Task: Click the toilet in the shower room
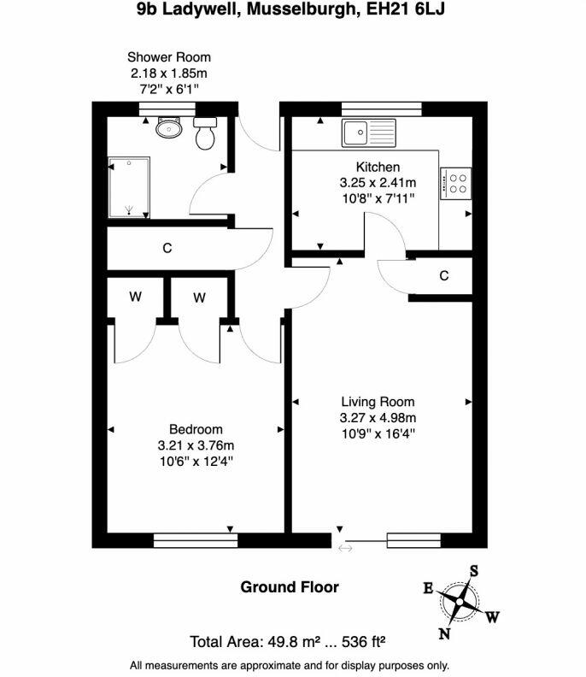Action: [205, 133]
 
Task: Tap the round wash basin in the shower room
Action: [169, 127]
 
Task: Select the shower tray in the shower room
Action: [129, 187]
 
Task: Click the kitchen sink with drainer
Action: [369, 132]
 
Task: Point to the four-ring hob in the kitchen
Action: [455, 184]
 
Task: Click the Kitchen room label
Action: [378, 167]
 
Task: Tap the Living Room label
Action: [378, 402]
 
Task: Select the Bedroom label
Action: [196, 430]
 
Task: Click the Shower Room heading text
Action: [169, 57]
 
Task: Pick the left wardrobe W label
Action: [136, 297]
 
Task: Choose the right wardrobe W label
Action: [199, 297]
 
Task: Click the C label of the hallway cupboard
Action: [167, 248]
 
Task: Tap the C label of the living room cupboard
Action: [444, 275]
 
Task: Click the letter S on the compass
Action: [474, 571]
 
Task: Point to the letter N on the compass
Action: [445, 633]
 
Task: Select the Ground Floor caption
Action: [290, 587]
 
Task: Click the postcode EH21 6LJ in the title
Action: [406, 9]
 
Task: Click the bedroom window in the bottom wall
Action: [196, 540]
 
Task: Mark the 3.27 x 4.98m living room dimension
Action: [378, 418]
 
